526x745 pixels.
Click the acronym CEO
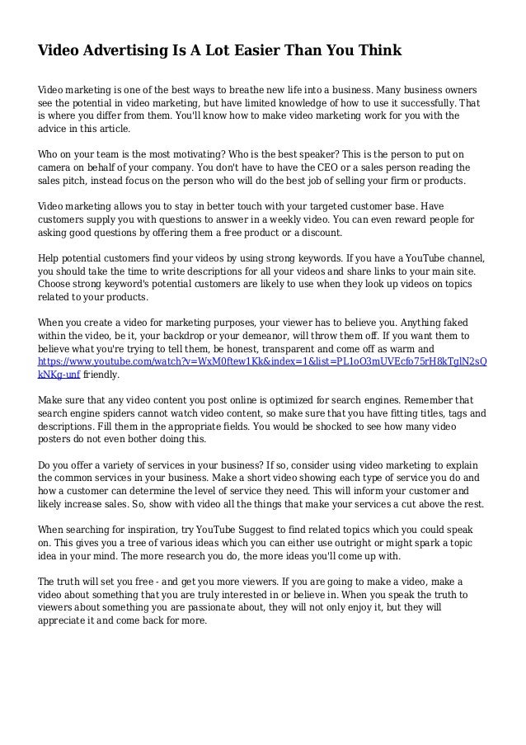click(335, 167)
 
